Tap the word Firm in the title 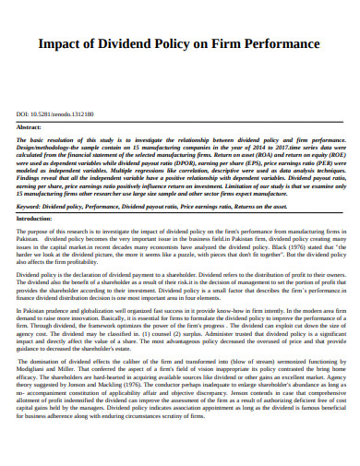[x=230, y=43]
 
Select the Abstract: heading [x=30, y=127]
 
